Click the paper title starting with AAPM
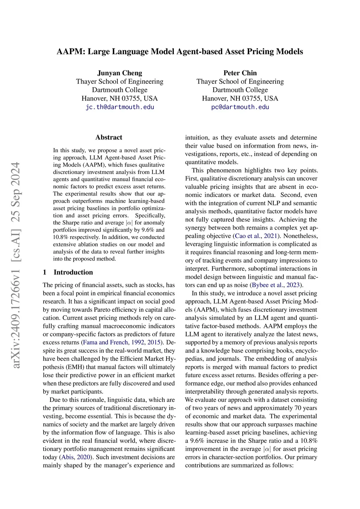(180, 52)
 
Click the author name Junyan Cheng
(120, 73)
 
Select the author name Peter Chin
(240, 73)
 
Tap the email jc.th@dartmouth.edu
(120, 107)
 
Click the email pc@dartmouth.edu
(240, 107)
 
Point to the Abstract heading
(109, 137)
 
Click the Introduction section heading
(73, 272)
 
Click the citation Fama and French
(105, 342)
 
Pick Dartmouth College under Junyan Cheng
(120, 90)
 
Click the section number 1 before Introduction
(45, 272)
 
